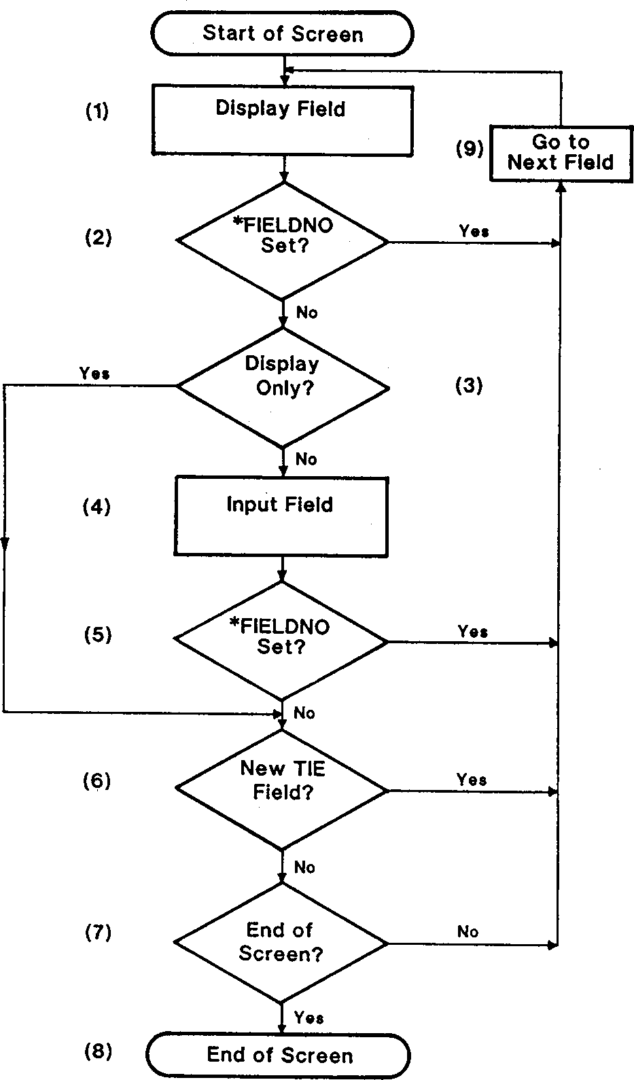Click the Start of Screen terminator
pyautogui.click(x=283, y=34)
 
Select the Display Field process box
pyautogui.click(x=281, y=120)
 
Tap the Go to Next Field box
pyautogui.click(x=561, y=153)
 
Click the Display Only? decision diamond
pyautogui.click(x=283, y=387)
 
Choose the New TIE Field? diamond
pyautogui.click(x=282, y=790)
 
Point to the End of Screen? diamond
pyautogui.click(x=281, y=943)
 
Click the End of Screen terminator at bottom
pyautogui.click(x=279, y=1055)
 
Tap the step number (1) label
pyautogui.click(x=96, y=111)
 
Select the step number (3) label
pyautogui.click(x=469, y=386)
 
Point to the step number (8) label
pyautogui.click(x=98, y=1051)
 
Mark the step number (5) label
pyautogui.click(x=97, y=635)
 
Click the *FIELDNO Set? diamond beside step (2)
pyautogui.click(x=283, y=240)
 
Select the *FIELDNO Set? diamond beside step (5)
pyautogui.click(x=281, y=640)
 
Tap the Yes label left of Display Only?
pyautogui.click(x=94, y=374)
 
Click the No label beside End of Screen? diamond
pyautogui.click(x=468, y=932)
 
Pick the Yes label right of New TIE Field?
pyautogui.click(x=472, y=779)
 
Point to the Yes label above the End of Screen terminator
pyautogui.click(x=309, y=1018)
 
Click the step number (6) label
pyautogui.click(x=96, y=781)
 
